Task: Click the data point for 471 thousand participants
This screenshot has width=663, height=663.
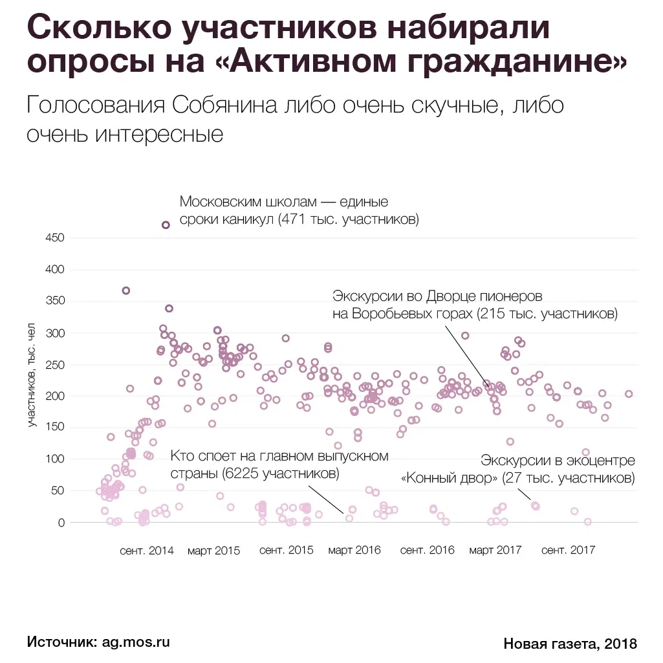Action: [x=166, y=225]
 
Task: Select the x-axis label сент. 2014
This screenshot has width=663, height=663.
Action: [x=147, y=550]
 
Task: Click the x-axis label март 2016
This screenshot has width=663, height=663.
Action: [x=354, y=550]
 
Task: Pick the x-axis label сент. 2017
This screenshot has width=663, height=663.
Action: [x=568, y=550]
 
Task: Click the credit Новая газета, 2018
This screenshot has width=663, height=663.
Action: [x=570, y=644]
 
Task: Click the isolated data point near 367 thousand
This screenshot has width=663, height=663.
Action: [x=126, y=290]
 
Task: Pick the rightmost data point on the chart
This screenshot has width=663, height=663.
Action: [x=629, y=394]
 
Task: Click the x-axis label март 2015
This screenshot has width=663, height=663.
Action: [x=214, y=550]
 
